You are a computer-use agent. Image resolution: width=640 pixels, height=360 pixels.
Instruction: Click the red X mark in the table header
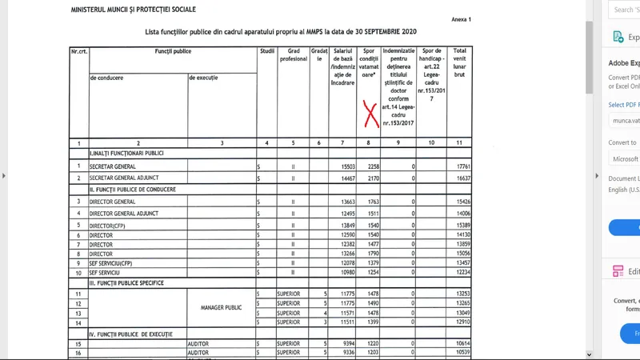click(x=370, y=114)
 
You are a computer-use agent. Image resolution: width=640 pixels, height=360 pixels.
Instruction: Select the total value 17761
click(x=459, y=166)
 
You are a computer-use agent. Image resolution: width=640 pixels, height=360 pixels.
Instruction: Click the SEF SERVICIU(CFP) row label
click(x=117, y=262)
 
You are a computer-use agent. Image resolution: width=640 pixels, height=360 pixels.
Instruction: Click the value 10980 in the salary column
click(x=343, y=273)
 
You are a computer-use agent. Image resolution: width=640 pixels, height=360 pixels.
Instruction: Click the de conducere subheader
click(x=112, y=78)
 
